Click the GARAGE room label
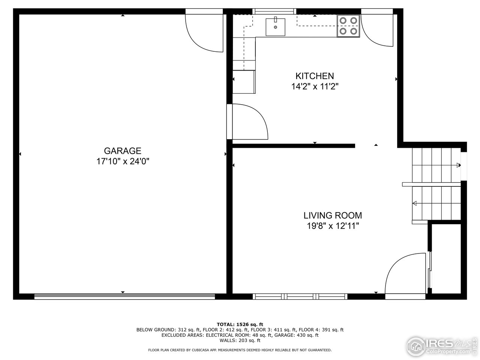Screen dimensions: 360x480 pos(123,151)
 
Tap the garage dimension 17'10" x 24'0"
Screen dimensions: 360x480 pos(123,162)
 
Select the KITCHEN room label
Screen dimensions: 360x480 pos(315,76)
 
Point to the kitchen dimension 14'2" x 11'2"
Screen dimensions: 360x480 pos(315,87)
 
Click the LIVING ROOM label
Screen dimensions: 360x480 pos(333,215)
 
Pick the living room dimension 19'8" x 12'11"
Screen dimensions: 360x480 pos(333,226)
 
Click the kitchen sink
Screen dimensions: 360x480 pos(275,27)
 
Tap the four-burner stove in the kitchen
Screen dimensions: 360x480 pos(348,26)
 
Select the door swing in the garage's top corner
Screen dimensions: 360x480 pos(204,33)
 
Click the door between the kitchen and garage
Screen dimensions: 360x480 pos(247,122)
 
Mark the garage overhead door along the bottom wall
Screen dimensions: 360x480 pos(124,297)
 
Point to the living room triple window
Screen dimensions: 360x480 pos(300,297)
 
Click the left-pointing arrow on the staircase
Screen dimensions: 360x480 pos(415,204)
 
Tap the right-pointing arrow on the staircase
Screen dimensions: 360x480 pos(458,165)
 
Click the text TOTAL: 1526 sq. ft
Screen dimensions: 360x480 pos(240,324)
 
